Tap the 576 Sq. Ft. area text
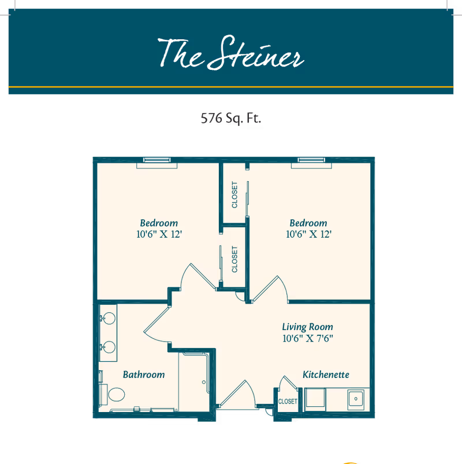click(x=231, y=119)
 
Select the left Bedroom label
click(x=159, y=223)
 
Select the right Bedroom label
click(x=308, y=223)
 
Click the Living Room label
click(x=307, y=327)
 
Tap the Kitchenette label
click(x=326, y=375)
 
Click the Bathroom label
click(x=144, y=375)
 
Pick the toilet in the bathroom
click(x=115, y=395)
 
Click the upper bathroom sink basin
click(x=108, y=317)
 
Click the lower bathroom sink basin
click(x=108, y=347)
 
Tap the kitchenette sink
click(x=355, y=398)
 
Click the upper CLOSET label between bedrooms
click(x=234, y=195)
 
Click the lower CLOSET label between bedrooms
click(x=234, y=259)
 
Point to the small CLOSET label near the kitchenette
click(x=288, y=401)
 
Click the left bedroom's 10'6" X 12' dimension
click(x=159, y=234)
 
